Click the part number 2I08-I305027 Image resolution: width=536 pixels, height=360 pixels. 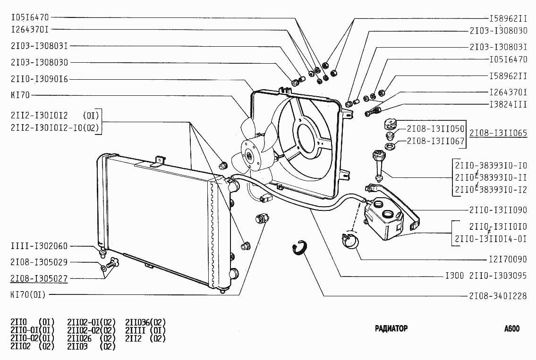click(x=39, y=278)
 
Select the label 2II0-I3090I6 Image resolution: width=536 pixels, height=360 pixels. click(x=39, y=79)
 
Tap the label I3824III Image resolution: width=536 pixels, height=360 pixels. click(x=508, y=105)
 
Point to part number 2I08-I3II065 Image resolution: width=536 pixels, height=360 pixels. click(x=498, y=134)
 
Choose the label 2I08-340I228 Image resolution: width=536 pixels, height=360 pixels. click(x=498, y=296)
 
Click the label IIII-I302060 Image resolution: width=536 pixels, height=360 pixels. click(x=39, y=246)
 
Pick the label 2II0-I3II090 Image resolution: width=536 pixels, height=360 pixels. click(x=498, y=210)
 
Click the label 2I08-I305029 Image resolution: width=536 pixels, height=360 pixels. click(x=39, y=262)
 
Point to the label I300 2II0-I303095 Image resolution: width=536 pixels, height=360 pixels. click(x=486, y=276)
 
